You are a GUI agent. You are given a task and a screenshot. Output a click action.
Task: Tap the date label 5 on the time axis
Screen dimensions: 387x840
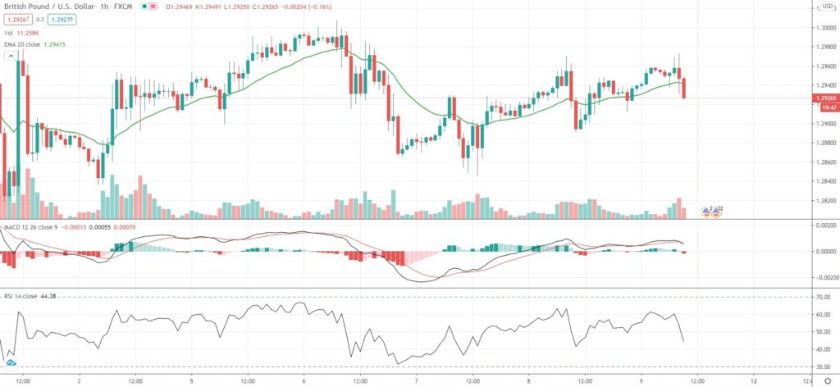(x=191, y=380)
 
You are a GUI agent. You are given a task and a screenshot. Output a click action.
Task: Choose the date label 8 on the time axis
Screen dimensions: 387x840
(x=529, y=380)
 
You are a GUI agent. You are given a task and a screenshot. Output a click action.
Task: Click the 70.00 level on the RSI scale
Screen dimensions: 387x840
(x=822, y=297)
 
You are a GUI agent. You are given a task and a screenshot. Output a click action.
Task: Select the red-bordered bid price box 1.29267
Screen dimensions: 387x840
(x=17, y=21)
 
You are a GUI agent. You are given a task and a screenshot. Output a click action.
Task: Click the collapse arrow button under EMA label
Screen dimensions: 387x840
(x=11, y=55)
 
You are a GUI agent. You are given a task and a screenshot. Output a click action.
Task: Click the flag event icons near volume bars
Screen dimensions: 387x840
(x=711, y=212)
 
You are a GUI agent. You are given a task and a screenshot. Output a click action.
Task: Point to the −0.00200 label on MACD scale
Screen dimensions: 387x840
(x=823, y=277)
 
